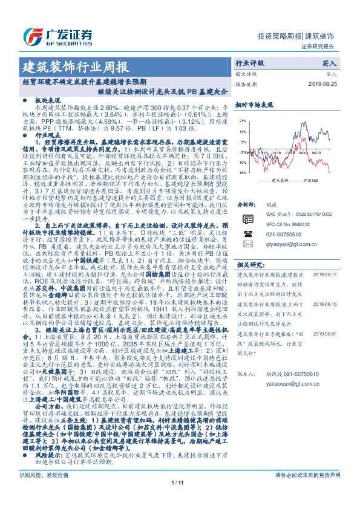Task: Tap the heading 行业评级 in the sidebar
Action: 249,63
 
